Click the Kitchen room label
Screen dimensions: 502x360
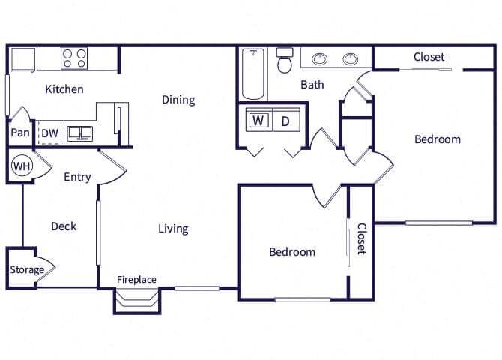[64, 89]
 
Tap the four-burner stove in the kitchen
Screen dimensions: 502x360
[74, 58]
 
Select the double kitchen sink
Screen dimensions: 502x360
[79, 133]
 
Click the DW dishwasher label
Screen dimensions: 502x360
[50, 133]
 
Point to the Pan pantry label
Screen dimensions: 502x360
[20, 133]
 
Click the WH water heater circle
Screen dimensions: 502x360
[22, 166]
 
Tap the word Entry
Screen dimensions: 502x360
[77, 177]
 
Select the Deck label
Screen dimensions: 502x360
[64, 226]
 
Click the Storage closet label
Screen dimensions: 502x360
[27, 269]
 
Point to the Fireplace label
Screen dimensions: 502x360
[136, 280]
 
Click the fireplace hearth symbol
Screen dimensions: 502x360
[137, 300]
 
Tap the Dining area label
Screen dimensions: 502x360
[178, 100]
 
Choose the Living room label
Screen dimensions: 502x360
[173, 229]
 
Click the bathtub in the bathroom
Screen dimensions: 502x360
[253, 74]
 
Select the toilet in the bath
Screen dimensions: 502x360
[285, 60]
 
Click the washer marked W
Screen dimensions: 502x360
[259, 120]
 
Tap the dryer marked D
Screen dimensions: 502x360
[287, 120]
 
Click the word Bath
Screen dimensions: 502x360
[312, 85]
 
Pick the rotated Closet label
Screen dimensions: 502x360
[361, 238]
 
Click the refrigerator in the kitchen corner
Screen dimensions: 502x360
[23, 59]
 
